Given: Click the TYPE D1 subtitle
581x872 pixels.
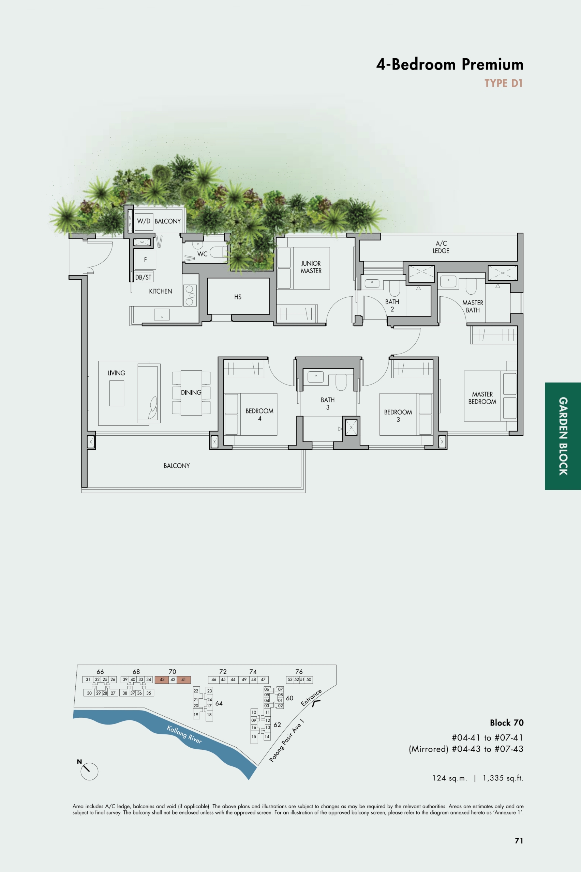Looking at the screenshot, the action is [503, 83].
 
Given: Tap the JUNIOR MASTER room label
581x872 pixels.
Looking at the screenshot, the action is [311, 267].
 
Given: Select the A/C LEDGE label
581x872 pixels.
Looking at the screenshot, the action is [441, 247].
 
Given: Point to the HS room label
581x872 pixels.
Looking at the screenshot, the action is [238, 297].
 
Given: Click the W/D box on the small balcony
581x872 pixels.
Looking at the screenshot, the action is [144, 221].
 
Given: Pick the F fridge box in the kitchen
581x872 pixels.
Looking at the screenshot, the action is [145, 260].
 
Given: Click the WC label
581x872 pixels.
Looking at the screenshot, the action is [202, 254].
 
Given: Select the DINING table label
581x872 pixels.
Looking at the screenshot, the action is [191, 392].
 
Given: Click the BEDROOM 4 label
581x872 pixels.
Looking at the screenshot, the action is [259, 415].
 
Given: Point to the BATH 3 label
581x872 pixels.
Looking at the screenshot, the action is [328, 403].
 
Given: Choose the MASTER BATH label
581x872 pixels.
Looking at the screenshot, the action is [473, 307].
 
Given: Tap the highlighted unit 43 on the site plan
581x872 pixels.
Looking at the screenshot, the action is [162, 680].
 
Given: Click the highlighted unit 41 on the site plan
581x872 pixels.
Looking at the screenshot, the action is [183, 680].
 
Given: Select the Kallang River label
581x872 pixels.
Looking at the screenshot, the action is [184, 735].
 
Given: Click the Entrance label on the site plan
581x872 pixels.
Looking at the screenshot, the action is [311, 698].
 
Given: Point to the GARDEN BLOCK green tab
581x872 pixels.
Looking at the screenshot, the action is [563, 436].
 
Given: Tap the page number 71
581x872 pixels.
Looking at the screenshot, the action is [519, 841].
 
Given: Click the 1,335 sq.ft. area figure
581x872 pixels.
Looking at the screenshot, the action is [503, 778].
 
